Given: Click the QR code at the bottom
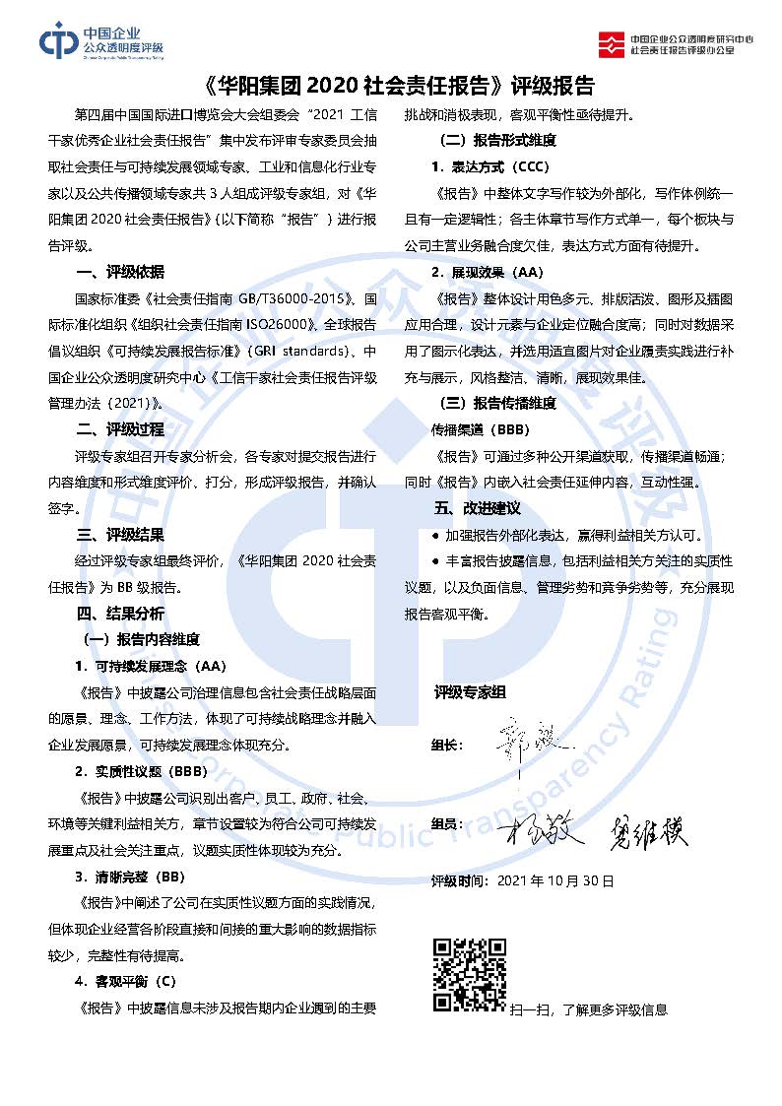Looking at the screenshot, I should point(470,975).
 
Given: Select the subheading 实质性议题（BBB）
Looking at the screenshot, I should point(150,771).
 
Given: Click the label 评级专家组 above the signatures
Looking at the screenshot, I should point(469,693).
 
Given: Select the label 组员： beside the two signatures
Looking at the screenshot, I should point(447,823).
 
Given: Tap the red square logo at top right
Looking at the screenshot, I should point(612,42).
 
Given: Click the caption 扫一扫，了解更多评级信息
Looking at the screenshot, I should point(588,1009).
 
